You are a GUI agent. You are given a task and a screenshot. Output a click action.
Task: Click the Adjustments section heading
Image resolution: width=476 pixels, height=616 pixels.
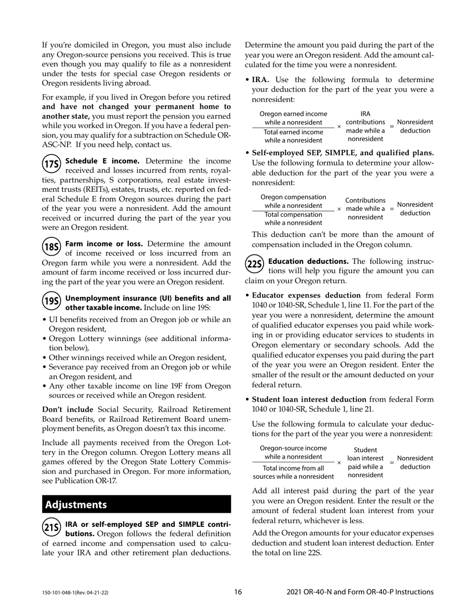pos(76,504)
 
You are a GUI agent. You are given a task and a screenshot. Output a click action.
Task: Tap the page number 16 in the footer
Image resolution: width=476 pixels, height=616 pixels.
pos(238,592)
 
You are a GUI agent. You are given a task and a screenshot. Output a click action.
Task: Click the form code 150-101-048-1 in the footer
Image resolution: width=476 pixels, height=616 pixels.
pos(75,593)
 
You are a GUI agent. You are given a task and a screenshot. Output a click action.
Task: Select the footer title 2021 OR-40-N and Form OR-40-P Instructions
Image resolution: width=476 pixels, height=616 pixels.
pos(360,592)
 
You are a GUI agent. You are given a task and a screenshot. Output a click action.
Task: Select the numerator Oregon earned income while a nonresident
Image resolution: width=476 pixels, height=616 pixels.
pos(293,118)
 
